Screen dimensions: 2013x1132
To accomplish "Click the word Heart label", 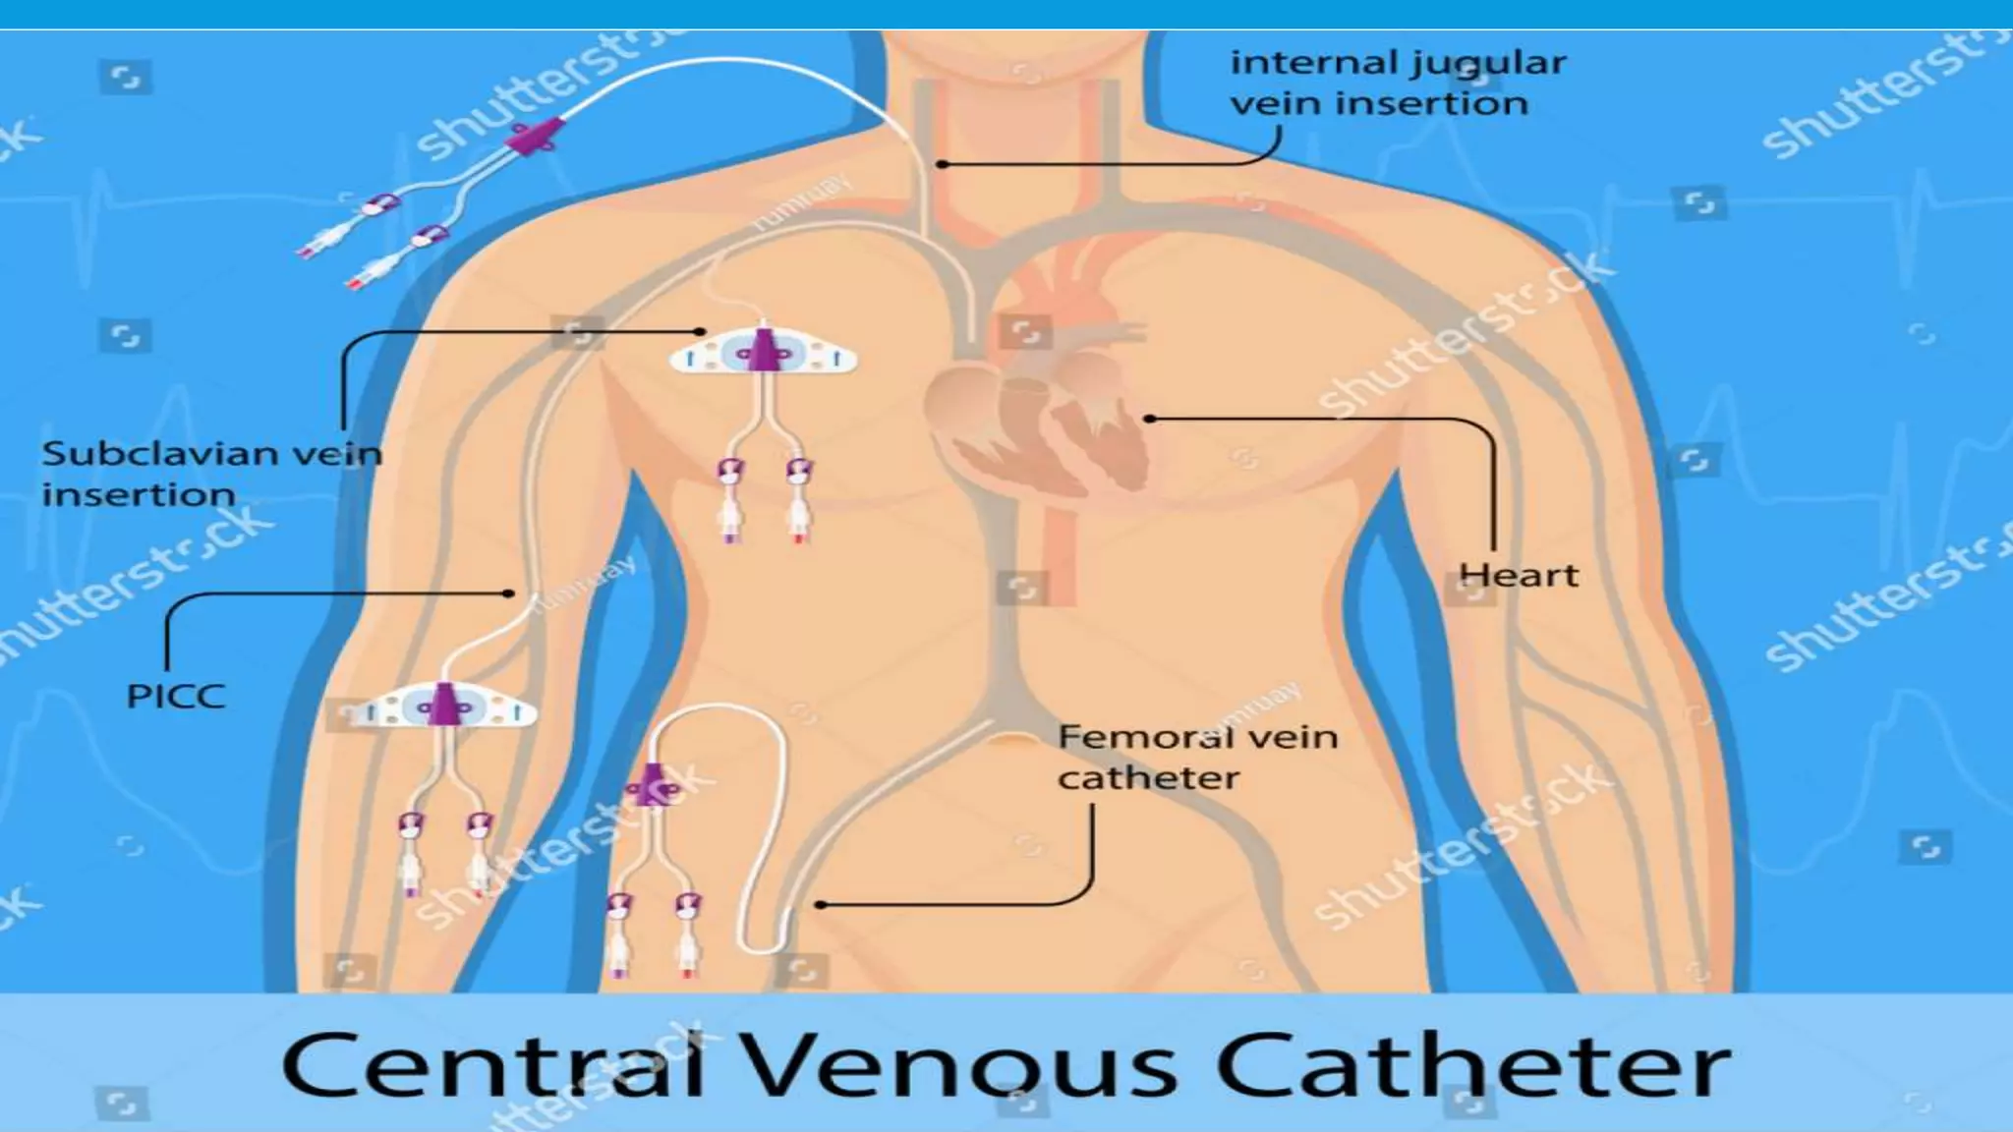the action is (1519, 575).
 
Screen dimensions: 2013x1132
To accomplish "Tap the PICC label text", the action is (177, 697).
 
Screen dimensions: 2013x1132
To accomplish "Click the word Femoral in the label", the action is (1128, 737).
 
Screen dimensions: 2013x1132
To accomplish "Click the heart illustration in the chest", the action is (1037, 423).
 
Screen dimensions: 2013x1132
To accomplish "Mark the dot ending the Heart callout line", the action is (1149, 419).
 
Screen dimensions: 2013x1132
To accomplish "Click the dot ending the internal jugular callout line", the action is (942, 164).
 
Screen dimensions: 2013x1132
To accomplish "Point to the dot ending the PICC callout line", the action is (508, 594).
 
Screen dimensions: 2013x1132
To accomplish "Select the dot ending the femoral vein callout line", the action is (819, 905).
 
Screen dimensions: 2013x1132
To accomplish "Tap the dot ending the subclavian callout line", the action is (701, 332).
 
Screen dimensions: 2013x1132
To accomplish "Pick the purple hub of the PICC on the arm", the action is (444, 706).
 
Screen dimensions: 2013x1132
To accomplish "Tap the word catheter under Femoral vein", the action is (1148, 778).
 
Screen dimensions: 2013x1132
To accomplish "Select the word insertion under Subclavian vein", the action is (139, 494).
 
